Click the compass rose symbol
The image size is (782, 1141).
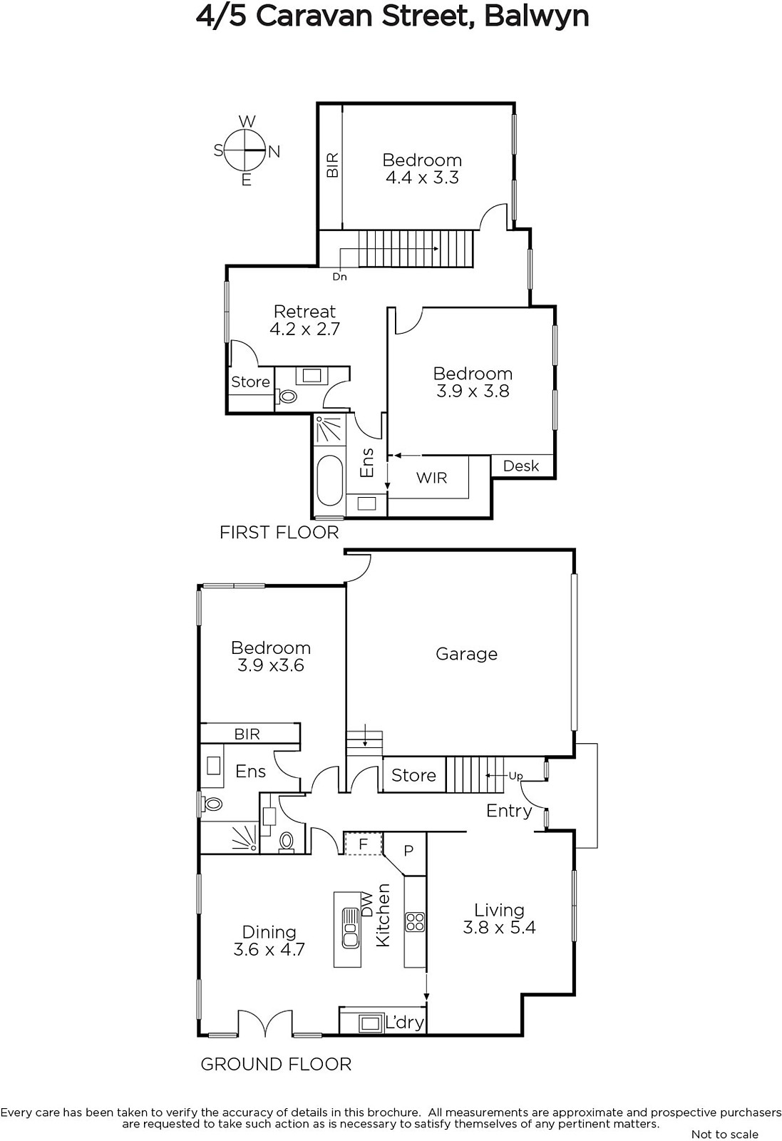pos(246,150)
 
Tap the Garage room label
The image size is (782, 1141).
pos(466,654)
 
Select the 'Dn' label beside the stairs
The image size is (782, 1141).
pos(339,277)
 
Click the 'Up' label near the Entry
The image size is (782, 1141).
pos(515,776)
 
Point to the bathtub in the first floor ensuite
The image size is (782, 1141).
pos(331,481)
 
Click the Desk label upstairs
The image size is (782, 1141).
pos(521,466)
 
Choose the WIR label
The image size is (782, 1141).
pos(431,478)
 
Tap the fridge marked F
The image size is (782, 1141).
pos(363,844)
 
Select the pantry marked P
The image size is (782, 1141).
pos(408,850)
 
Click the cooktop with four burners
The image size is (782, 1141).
pos(415,921)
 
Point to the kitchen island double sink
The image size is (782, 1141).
pos(350,928)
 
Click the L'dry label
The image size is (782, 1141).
pos(405,1023)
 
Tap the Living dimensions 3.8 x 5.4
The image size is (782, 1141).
pos(499,927)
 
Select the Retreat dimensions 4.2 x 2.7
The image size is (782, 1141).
pos(304,329)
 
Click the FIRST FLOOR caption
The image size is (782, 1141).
pos(279,533)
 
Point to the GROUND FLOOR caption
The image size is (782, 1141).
pos(276,1065)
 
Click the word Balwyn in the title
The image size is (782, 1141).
pos(537,16)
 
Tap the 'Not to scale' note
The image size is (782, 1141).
pos(724,1134)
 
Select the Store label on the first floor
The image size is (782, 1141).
pos(250,382)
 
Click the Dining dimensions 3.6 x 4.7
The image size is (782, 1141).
pos(269,949)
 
